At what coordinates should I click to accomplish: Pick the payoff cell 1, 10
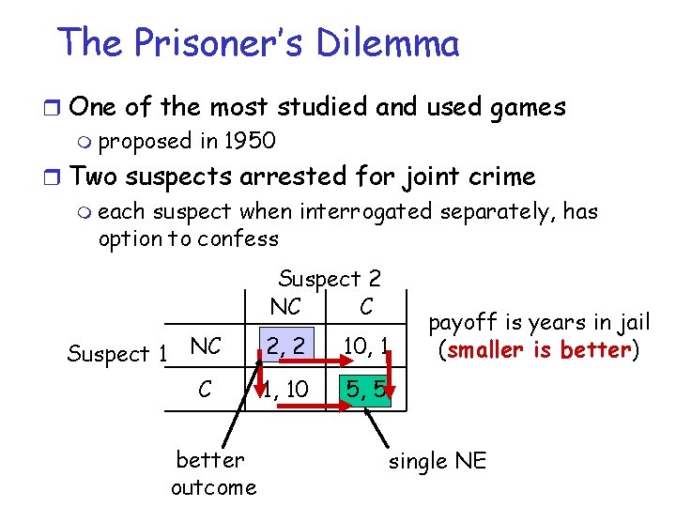[x=284, y=388]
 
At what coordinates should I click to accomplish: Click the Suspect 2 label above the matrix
[x=330, y=279]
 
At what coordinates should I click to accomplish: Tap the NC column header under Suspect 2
[x=284, y=307]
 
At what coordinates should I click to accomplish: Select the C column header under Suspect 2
[x=366, y=307]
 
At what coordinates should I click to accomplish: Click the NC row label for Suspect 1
[x=205, y=346]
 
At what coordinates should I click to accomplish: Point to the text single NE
[x=438, y=462]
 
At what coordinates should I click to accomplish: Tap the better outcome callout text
[x=213, y=473]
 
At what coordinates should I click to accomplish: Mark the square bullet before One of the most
[x=58, y=106]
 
